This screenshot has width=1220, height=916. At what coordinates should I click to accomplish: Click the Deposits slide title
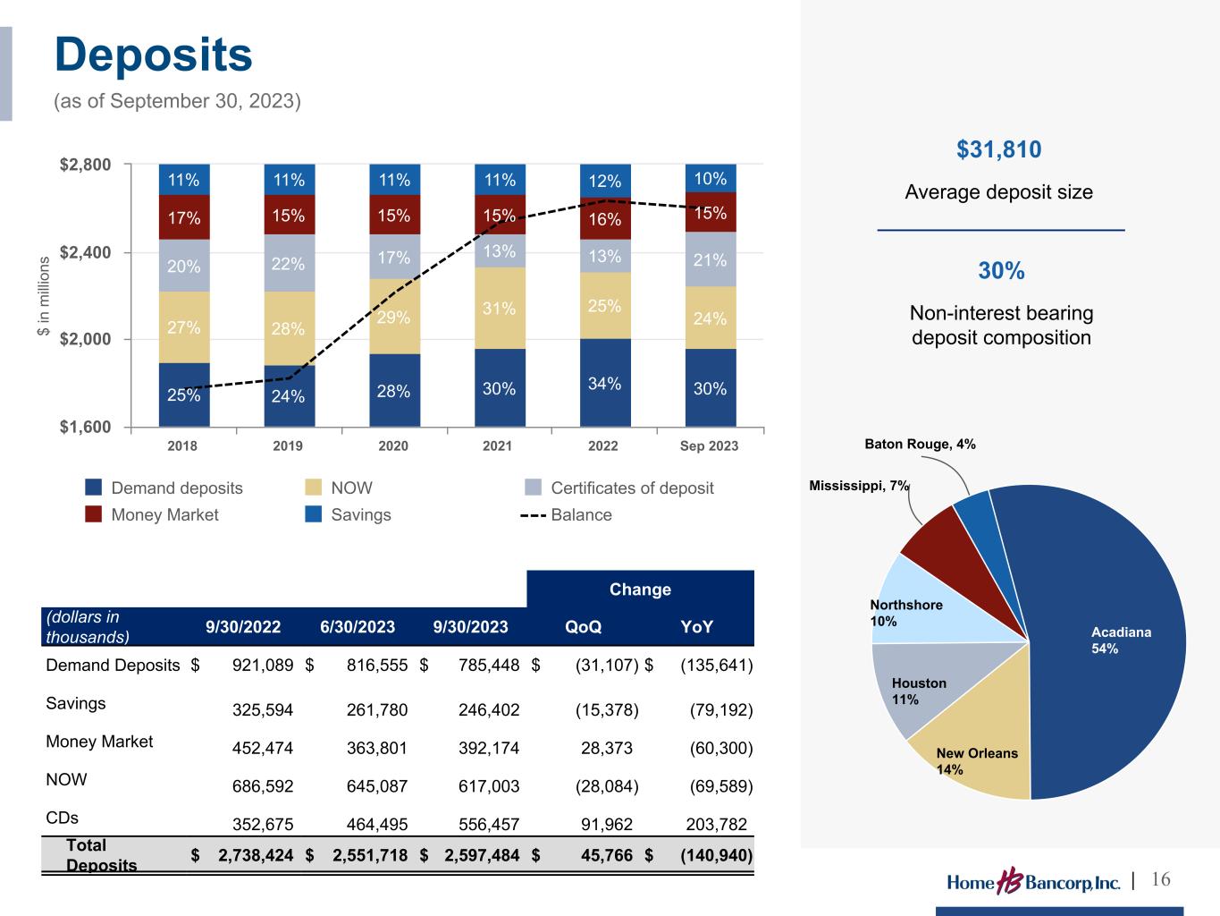coord(154,55)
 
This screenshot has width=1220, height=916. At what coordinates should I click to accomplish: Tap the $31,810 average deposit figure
coord(999,149)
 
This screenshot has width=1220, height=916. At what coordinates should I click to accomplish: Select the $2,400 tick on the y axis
coord(86,252)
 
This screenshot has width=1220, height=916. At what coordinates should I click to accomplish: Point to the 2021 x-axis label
coord(498,445)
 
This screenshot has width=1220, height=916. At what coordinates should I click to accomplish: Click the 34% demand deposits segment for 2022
coord(605,383)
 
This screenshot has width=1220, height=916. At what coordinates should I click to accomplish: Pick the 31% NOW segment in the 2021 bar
coord(500,308)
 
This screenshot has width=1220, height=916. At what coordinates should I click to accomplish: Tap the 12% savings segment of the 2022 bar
coord(605,181)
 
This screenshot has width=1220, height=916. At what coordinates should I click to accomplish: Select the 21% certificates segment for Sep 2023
coord(711,259)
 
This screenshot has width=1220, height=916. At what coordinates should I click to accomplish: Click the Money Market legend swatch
coord(94,514)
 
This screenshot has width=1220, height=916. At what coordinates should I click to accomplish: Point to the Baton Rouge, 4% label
coord(920,444)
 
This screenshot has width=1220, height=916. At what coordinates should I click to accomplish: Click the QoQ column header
coord(584,627)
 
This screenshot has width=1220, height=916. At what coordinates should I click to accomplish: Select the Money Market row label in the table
coord(99,742)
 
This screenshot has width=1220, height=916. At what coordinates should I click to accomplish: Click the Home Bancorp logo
coord(1033,882)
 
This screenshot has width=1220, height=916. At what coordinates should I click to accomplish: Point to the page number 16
coord(1161,879)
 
